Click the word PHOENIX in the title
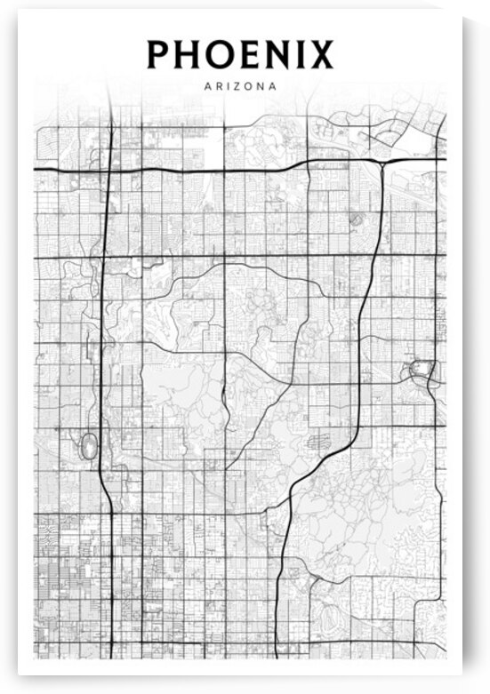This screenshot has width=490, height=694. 240,55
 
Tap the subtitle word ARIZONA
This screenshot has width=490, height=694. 240,87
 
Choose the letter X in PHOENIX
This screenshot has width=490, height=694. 320,55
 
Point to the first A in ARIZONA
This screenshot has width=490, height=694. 207,87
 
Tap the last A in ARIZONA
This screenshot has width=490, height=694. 272,87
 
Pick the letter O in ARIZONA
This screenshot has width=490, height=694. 246,87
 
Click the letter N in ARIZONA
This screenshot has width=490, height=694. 259,87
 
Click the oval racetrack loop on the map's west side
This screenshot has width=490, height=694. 88,445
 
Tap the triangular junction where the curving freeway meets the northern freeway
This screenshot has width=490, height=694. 382,164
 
